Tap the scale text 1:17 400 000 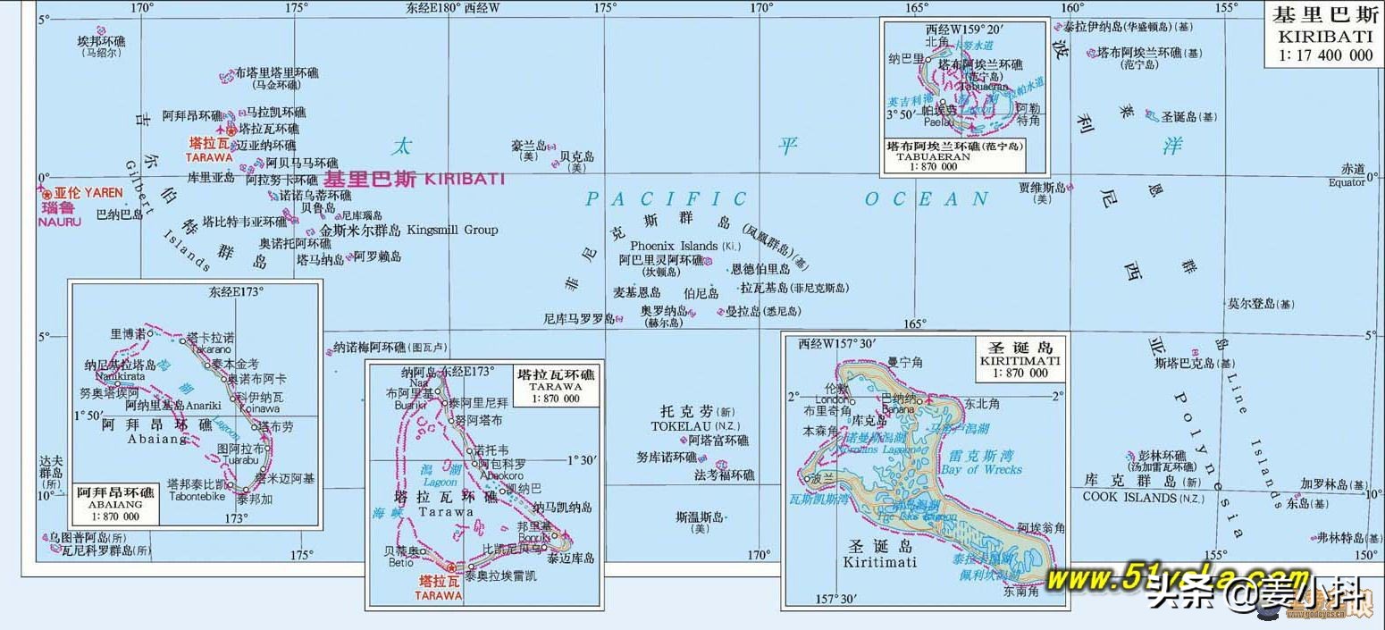[1324, 55]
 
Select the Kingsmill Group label [452, 230]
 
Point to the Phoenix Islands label [675, 246]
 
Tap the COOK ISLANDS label [1130, 497]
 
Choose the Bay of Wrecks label [980, 469]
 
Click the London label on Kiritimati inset [830, 399]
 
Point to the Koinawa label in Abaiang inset [260, 407]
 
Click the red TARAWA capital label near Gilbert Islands [209, 156]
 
